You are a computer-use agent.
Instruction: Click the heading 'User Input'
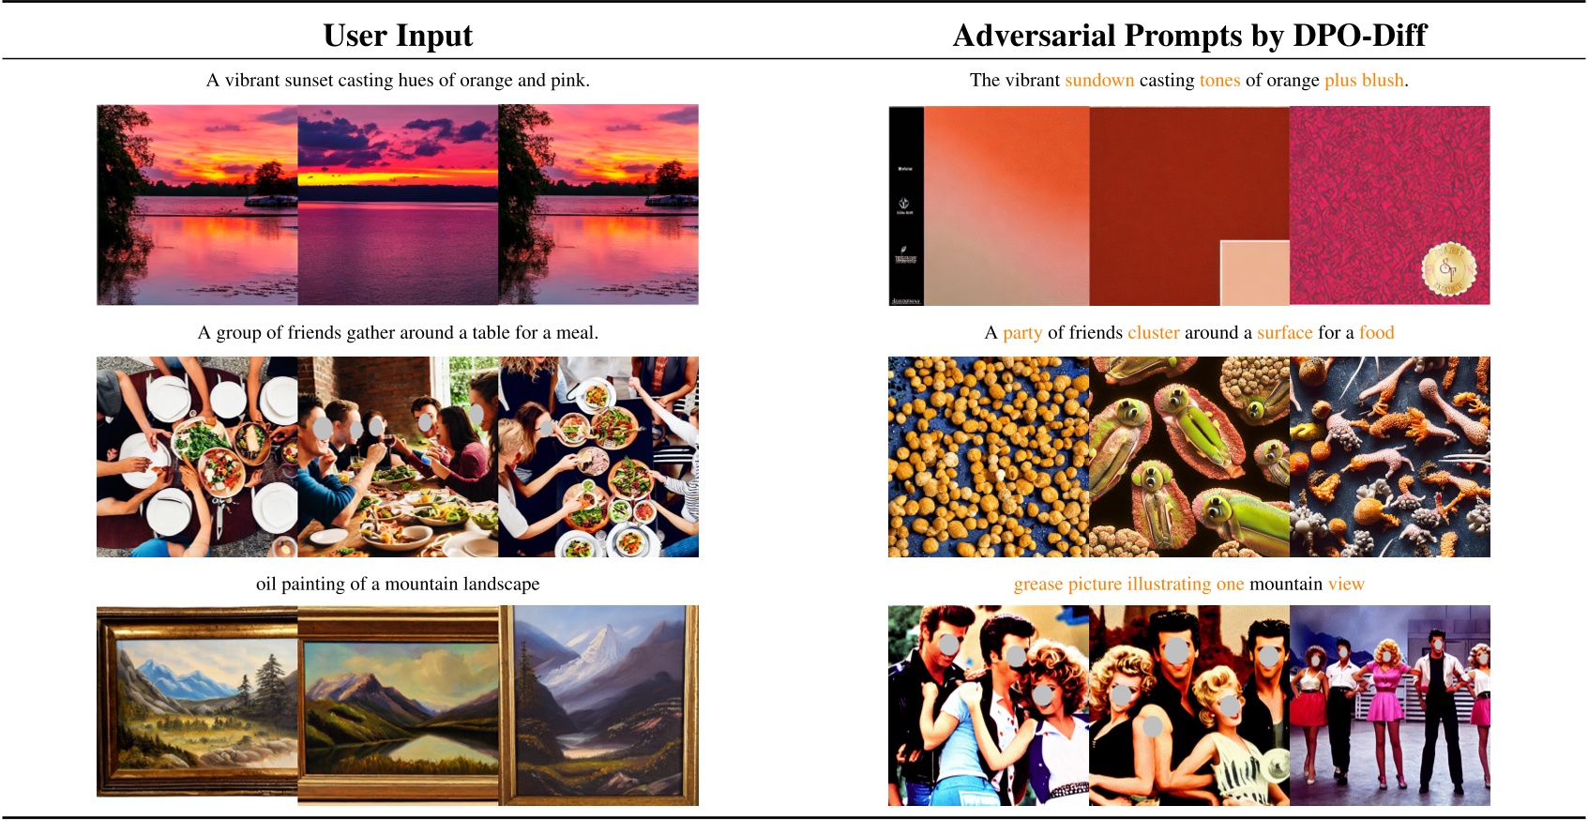(398, 36)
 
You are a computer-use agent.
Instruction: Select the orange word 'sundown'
(1099, 81)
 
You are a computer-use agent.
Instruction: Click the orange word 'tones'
(1219, 81)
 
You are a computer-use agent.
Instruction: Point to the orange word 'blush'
(1384, 81)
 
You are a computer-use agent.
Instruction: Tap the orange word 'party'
(1022, 333)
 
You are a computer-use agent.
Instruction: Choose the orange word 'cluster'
(1154, 333)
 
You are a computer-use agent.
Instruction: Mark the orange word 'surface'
(1285, 333)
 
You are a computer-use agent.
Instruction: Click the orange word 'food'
(1376, 333)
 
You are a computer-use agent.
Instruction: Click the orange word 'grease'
(1038, 585)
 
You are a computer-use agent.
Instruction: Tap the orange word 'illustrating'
(1169, 585)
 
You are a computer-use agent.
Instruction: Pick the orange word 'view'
(1346, 585)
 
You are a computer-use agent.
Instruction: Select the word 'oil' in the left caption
(266, 585)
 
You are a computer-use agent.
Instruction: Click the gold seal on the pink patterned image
(1448, 270)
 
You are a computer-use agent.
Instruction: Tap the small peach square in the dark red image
(1254, 272)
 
